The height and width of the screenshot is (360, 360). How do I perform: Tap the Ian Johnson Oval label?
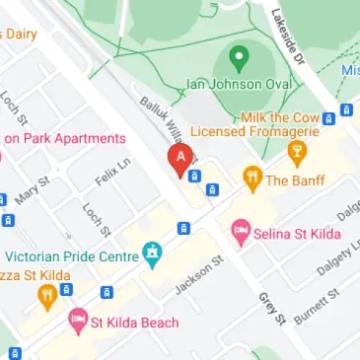(240, 85)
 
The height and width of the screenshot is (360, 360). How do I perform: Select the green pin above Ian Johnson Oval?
(238, 57)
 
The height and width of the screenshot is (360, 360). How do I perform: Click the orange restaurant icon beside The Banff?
(252, 180)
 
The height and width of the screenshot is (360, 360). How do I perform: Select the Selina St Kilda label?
(301, 234)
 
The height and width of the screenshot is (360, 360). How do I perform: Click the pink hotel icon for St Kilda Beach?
(77, 322)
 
